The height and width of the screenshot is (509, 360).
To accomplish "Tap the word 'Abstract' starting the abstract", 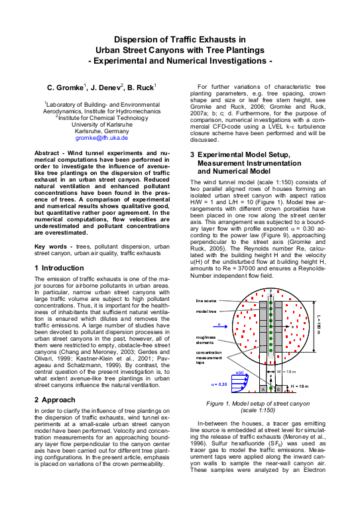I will pyautogui.click(x=50, y=153).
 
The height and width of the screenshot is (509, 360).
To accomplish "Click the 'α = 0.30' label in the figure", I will pyautogui.click(x=219, y=384).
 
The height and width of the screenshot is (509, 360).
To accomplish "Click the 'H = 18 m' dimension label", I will pyautogui.click(x=299, y=386).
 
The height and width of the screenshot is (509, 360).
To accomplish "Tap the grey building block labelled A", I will pyautogui.click(x=263, y=390).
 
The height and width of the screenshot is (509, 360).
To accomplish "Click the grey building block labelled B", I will pyautogui.click(x=278, y=390).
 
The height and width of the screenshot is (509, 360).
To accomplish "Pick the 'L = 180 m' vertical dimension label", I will pyautogui.click(x=318, y=324).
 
